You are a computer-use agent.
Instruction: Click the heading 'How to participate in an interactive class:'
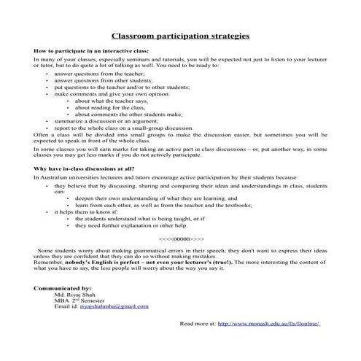tap(91, 51)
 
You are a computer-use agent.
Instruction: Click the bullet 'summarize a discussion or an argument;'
tap(100, 120)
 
